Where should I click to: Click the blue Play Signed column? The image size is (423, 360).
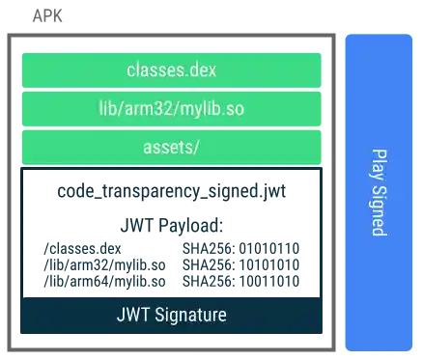click(x=378, y=192)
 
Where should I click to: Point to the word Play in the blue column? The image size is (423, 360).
click(x=379, y=163)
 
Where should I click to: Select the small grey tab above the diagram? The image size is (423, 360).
click(x=49, y=15)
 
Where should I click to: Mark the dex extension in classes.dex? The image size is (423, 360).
click(x=201, y=70)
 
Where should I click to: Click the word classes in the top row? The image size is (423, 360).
click(x=155, y=70)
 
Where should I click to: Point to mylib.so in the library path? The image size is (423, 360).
click(x=217, y=109)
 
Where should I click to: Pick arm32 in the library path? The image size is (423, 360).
click(x=159, y=109)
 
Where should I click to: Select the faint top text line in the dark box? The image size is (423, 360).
click(x=170, y=192)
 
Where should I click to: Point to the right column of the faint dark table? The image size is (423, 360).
click(x=240, y=263)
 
